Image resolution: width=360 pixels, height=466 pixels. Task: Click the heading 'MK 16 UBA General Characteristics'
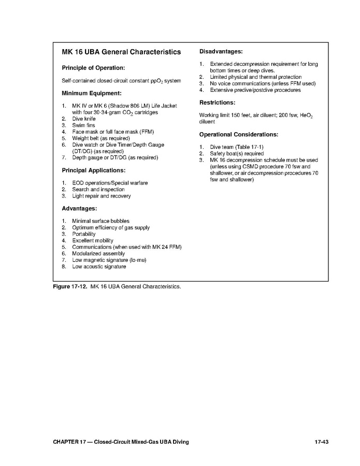121,52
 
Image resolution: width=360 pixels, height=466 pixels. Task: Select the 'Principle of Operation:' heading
93,67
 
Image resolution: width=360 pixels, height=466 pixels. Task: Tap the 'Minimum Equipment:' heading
92,93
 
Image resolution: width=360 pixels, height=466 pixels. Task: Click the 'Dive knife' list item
84,119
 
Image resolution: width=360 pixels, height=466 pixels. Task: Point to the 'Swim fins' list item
83,125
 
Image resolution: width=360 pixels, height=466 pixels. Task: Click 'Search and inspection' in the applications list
98,190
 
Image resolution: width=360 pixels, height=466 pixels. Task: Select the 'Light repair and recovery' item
102,196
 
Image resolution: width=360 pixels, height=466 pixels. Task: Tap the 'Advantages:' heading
79,208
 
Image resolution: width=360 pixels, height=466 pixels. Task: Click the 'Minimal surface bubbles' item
101,221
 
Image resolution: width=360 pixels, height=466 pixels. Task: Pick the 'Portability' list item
84,234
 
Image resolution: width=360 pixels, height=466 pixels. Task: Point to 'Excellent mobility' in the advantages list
93,241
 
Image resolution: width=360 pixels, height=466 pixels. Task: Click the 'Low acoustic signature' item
99,266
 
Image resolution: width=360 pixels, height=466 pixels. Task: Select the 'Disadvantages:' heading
221,51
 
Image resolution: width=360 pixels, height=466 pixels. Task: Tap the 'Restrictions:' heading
217,103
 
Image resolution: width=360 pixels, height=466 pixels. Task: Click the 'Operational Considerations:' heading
239,134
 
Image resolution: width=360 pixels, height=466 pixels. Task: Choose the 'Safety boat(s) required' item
237,153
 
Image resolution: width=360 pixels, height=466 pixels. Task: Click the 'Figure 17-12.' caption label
70,286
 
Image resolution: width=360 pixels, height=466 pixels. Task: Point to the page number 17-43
322,442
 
